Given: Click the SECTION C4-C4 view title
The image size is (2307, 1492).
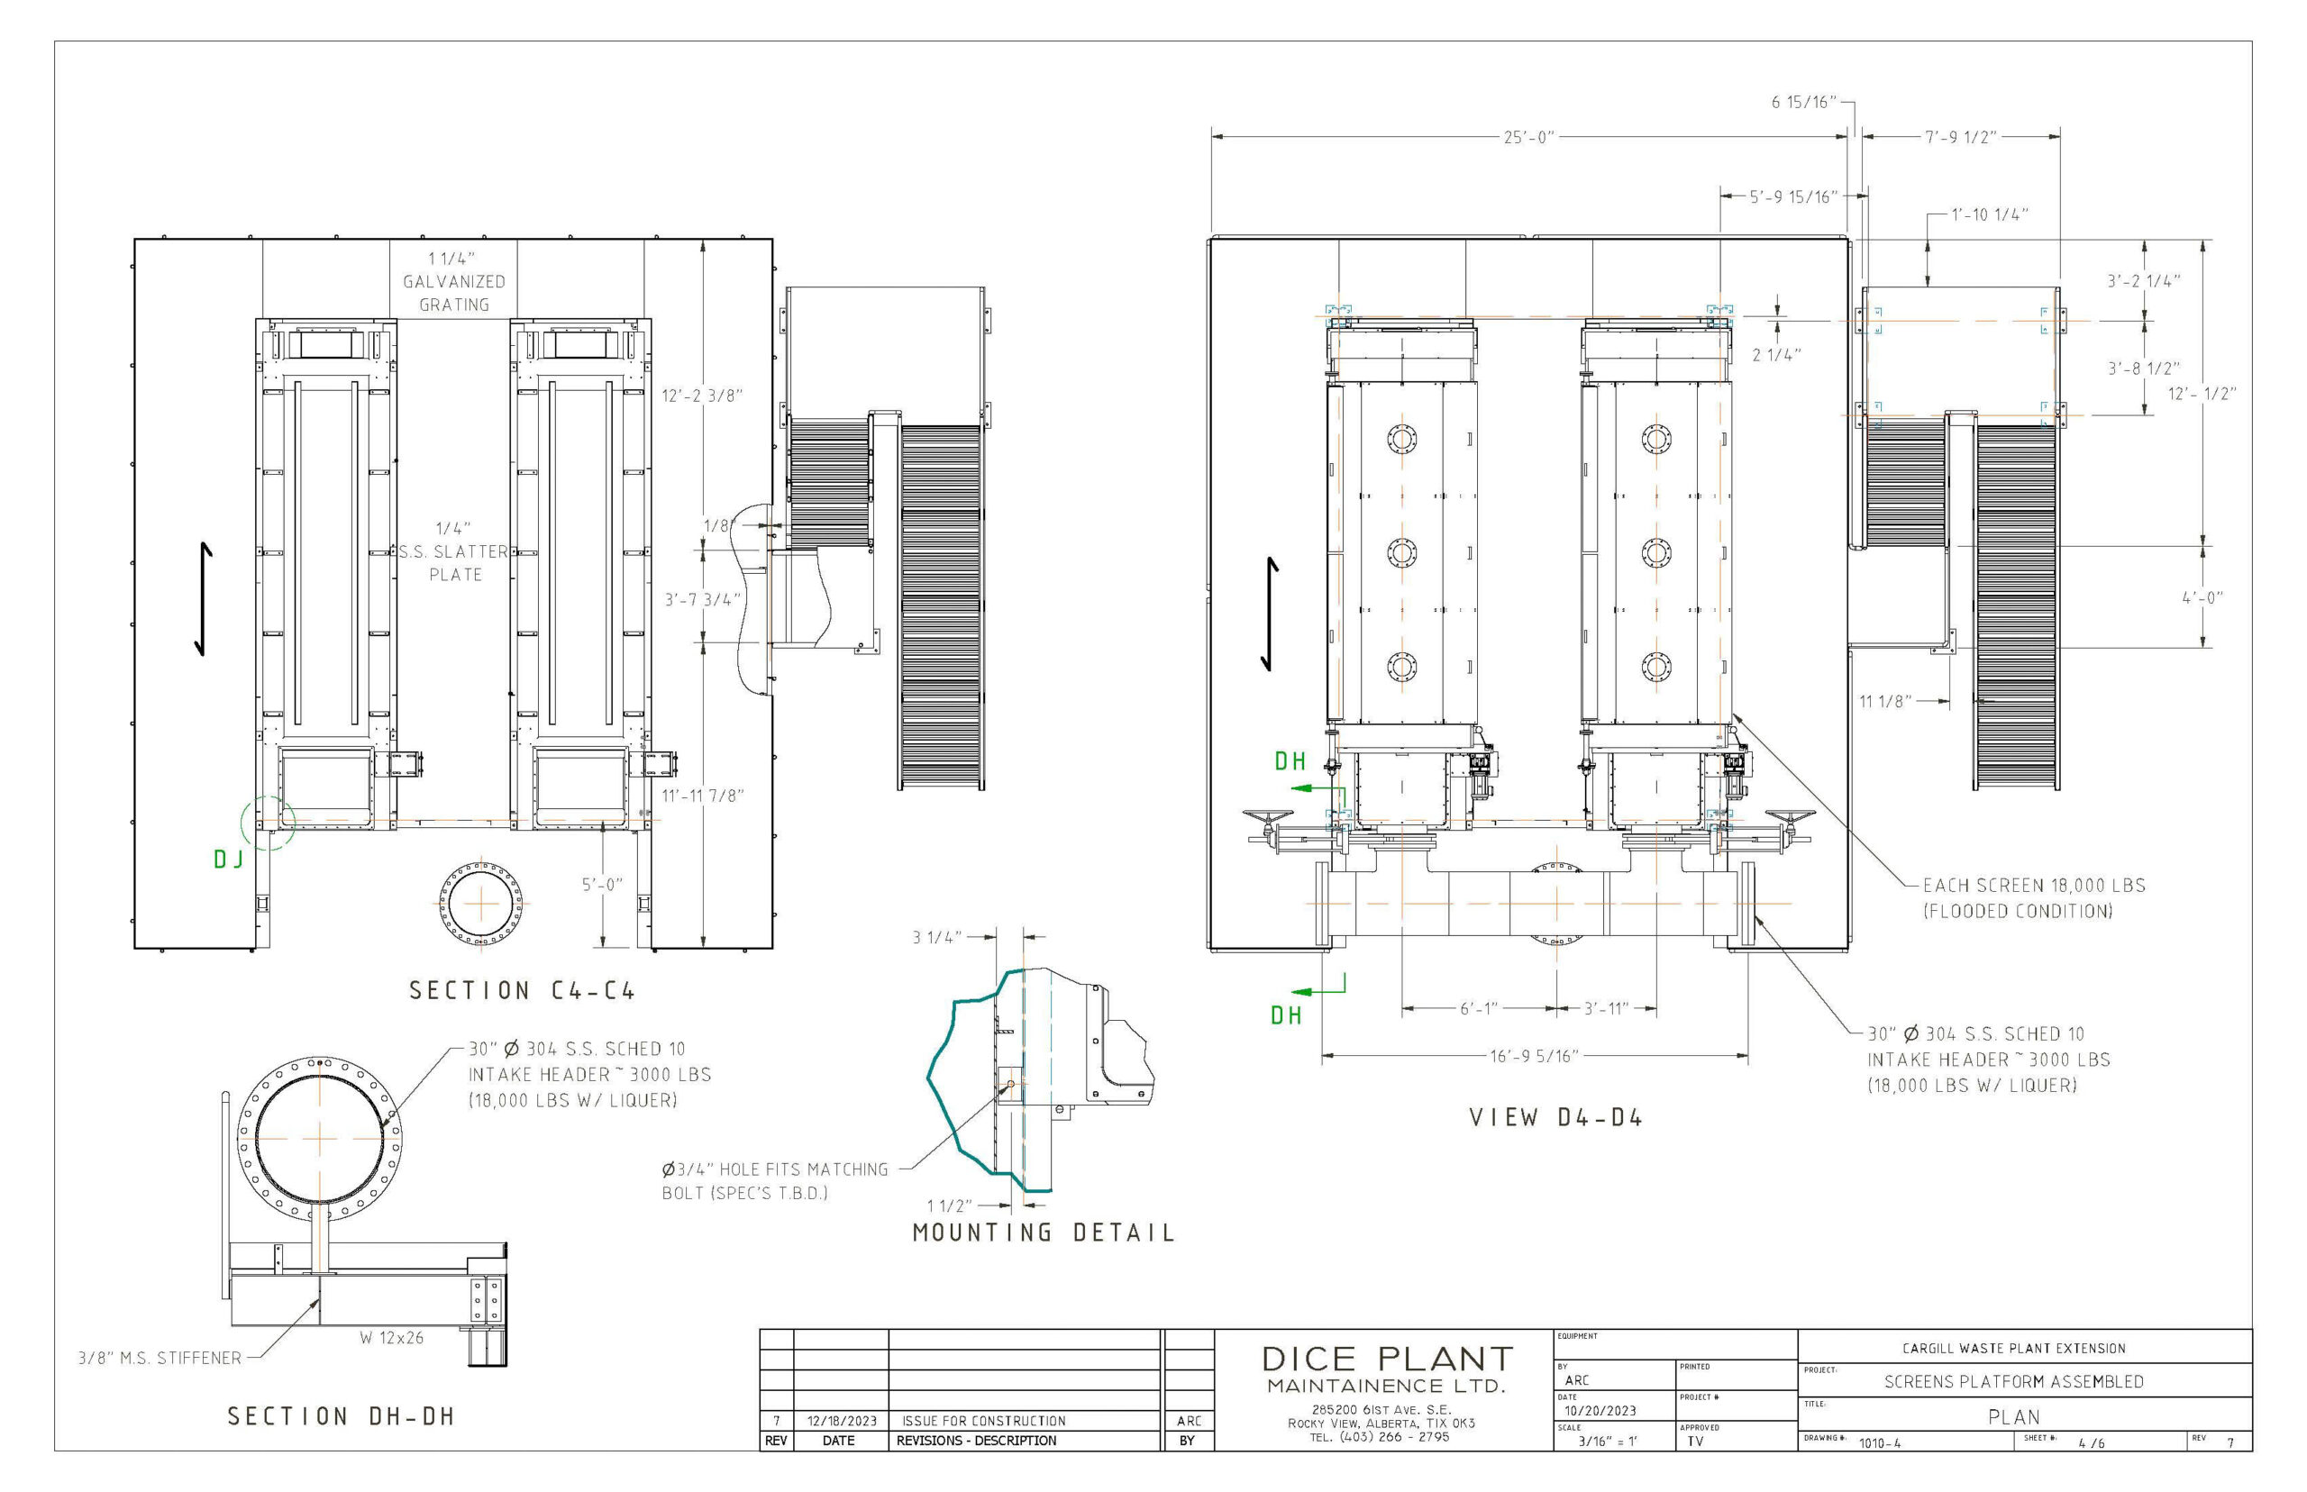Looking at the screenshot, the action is pos(521,990).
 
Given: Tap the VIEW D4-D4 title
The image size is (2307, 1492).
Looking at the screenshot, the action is pos(1555,1117).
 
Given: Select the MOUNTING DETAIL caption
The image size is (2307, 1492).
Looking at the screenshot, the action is pos(1044,1233).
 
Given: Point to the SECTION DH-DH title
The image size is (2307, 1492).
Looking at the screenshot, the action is pos(341,1416).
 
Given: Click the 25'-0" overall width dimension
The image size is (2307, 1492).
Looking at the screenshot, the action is pos(1528,138).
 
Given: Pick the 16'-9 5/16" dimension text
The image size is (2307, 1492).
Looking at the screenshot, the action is pos(1535,1055).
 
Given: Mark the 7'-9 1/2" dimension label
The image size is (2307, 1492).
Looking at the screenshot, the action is pos(1960,138).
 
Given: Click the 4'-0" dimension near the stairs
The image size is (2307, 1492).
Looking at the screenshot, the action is pos(2202,597).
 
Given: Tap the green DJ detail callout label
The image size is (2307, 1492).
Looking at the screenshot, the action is pos(229,860).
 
